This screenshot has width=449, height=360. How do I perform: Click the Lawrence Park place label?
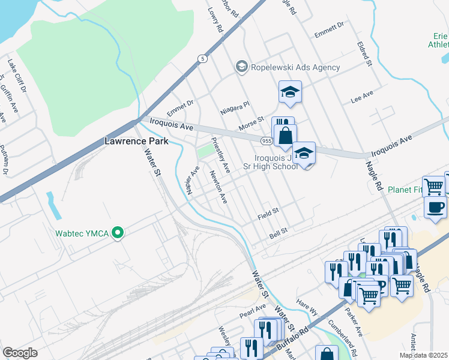136,142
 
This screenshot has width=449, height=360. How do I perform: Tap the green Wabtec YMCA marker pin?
118,232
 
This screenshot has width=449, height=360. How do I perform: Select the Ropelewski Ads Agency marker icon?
241,67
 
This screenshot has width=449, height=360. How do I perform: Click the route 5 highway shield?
203,58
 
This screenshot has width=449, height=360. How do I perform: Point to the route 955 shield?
267,140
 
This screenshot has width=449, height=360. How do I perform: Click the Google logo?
20,352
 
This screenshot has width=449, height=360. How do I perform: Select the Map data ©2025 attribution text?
423,355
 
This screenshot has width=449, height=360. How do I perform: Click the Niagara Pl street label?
235,108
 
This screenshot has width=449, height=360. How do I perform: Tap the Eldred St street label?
364,54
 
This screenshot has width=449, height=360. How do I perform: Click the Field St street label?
268,212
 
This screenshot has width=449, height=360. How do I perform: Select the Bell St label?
279,231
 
